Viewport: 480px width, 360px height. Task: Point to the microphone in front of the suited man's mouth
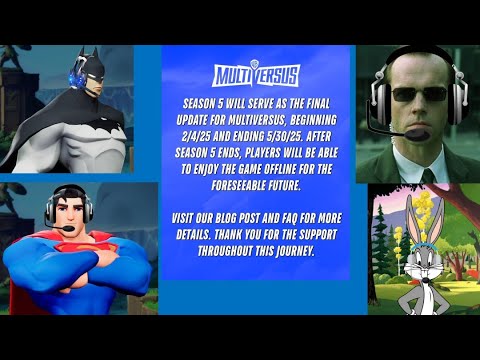click(419, 131)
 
